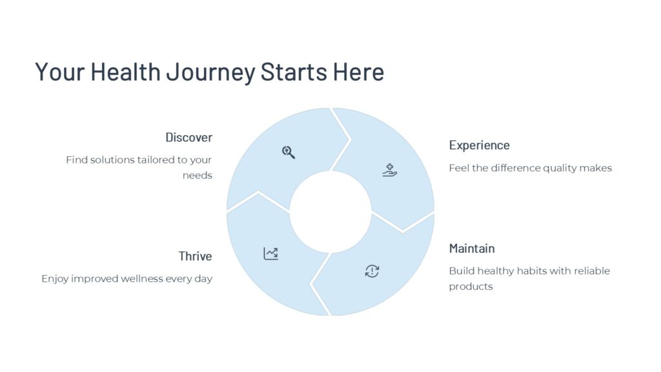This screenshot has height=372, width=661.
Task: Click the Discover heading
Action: [189, 138]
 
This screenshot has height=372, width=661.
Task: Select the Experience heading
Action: [480, 145]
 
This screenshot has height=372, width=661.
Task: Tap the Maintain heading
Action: [472, 249]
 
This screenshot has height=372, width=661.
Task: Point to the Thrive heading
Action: [195, 256]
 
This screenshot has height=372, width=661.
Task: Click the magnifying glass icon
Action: [289, 152]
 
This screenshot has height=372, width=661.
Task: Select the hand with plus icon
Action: [390, 170]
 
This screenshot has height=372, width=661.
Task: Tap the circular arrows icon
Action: [372, 271]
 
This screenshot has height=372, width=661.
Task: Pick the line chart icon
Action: [270, 253]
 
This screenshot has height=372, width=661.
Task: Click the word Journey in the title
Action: [211, 72]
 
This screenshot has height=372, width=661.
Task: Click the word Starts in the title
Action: [294, 72]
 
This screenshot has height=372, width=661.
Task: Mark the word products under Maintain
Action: [471, 287]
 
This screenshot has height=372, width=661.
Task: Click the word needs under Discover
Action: [198, 176]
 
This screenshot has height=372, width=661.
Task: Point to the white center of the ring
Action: [330, 212]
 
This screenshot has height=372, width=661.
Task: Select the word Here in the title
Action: [358, 72]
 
